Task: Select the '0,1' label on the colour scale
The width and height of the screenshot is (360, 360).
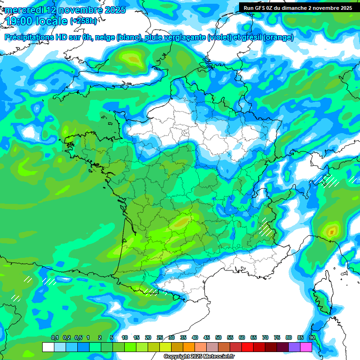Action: tap(54, 337)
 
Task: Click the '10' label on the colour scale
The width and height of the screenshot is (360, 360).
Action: tap(125, 337)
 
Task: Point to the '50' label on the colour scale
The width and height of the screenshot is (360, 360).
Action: tap(218, 337)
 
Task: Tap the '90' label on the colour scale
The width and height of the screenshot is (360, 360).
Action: tap(312, 337)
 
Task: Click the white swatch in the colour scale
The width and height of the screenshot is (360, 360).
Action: tap(48, 347)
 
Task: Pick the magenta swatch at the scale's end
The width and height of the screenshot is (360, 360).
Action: tap(306, 347)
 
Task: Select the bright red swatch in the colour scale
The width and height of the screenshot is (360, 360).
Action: tap(247, 347)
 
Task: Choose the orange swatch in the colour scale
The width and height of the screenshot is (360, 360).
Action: tap(189, 347)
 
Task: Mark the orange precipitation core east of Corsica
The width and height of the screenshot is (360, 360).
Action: tap(332, 231)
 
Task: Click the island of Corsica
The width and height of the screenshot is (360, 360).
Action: tap(324, 293)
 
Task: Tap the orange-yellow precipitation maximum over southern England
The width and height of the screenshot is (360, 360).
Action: tap(134, 59)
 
